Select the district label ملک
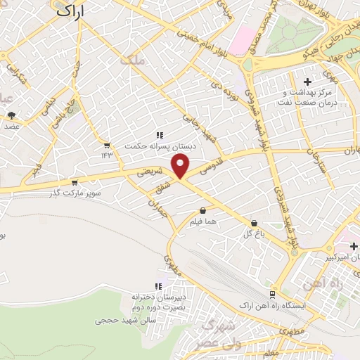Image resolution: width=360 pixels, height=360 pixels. (x=131, y=61)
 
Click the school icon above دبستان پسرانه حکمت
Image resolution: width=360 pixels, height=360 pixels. (x=160, y=135)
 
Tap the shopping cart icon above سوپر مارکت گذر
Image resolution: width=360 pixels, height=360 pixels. (x=74, y=182)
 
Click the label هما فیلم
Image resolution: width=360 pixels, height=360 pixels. (x=202, y=221)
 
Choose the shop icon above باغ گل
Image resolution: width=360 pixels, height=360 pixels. (x=253, y=223)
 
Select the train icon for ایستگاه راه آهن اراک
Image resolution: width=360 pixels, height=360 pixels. (x=272, y=295)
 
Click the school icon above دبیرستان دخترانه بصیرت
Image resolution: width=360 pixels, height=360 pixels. (x=158, y=286)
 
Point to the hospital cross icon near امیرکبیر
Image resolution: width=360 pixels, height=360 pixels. (x=354, y=246)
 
